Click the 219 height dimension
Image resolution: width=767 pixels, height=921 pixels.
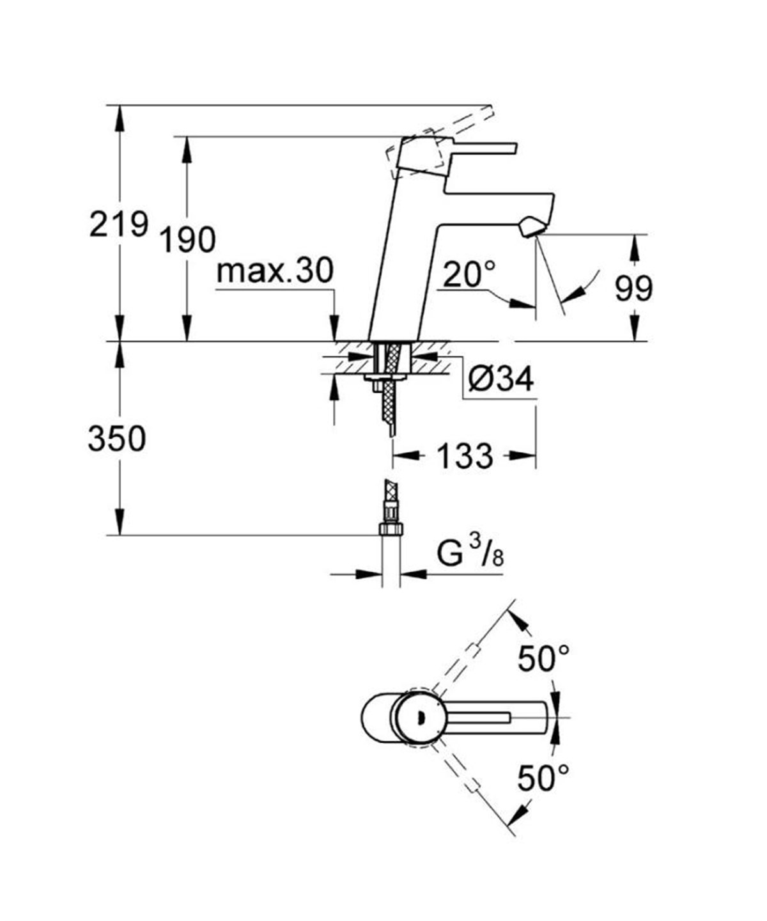[x=118, y=225]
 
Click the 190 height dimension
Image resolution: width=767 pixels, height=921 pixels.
[x=187, y=240]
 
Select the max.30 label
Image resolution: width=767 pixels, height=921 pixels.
[x=275, y=271]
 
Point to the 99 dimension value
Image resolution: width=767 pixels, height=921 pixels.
[x=633, y=288]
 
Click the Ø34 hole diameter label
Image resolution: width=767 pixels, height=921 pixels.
[x=500, y=380]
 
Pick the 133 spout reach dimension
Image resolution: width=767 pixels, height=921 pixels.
[x=465, y=456]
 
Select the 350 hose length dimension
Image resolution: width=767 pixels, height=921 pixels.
[x=117, y=439]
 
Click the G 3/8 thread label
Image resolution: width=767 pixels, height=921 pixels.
[x=470, y=553]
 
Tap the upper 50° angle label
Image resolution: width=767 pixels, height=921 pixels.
[x=543, y=659]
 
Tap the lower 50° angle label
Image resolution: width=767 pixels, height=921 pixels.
[x=543, y=778]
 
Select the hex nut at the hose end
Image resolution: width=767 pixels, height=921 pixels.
[x=390, y=529]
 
